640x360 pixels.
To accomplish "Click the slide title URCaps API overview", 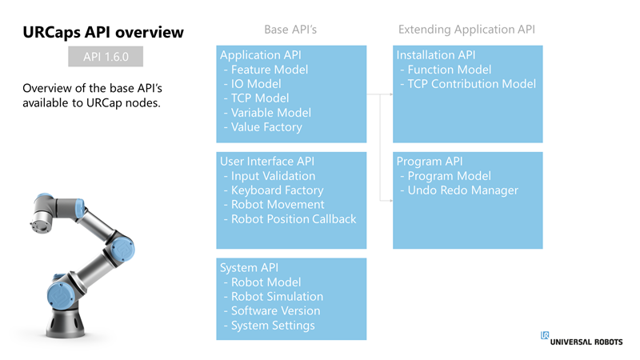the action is tap(103, 32).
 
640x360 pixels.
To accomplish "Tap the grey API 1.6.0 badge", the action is tap(106, 56).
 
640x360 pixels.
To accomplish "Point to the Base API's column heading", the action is tap(290, 30).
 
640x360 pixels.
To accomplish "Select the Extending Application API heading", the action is tap(466, 30).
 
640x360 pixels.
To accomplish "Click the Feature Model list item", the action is tap(270, 70).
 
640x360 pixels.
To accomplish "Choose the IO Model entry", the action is tap(256, 84).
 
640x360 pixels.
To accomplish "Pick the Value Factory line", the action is tap(266, 127).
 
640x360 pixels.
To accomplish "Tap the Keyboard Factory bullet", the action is tap(277, 190).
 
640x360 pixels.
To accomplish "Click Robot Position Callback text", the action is tap(294, 219).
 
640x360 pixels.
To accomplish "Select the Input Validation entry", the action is tap(273, 176).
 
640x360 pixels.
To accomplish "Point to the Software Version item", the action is tap(275, 311).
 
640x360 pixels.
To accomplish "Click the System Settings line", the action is tap(273, 326).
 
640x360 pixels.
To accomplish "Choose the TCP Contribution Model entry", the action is tap(471, 84).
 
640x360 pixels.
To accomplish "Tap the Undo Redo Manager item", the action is tap(462, 190).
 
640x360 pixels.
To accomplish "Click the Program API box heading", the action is tap(430, 162).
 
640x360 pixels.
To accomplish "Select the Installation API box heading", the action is tap(436, 55).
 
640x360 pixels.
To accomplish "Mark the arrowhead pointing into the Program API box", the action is tap(391, 201).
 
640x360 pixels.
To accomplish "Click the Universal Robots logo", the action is tap(582, 338).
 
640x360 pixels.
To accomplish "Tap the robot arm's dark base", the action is tap(66, 323).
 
